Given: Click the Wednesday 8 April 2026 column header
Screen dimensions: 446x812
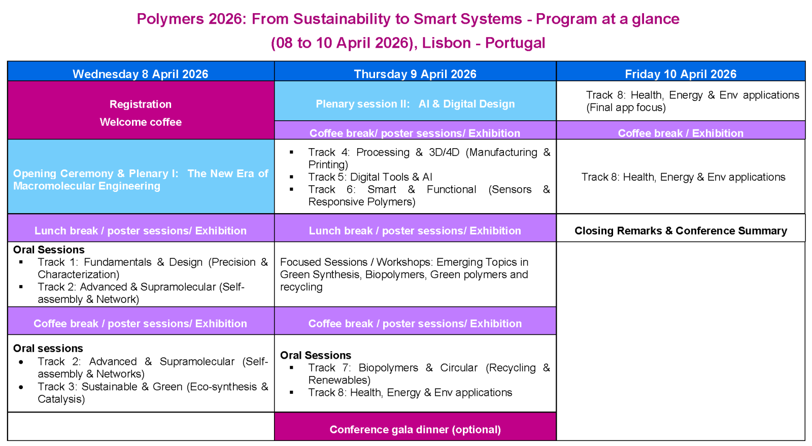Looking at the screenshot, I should tap(141, 74).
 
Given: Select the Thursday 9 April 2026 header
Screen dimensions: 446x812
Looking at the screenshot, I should tap(415, 74).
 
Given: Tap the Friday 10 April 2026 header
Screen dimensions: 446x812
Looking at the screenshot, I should tap(680, 74).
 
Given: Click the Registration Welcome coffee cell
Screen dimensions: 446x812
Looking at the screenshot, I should tap(141, 113).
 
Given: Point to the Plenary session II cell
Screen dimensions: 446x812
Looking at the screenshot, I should tap(415, 104).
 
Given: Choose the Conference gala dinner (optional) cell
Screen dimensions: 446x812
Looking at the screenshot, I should tap(415, 429).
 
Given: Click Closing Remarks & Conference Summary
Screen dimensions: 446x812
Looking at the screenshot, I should tap(680, 230).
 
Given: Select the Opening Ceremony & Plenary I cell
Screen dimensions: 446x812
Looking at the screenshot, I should tap(141, 180).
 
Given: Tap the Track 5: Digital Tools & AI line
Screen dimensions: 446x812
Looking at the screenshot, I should tap(370, 177).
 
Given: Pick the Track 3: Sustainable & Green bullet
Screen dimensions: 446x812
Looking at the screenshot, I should tap(152, 392).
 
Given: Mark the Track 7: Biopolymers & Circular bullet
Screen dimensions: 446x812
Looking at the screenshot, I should tap(428, 373).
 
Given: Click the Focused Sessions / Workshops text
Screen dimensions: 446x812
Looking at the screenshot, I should tap(404, 274).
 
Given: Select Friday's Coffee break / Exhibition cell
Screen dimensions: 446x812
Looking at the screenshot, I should tap(680, 133).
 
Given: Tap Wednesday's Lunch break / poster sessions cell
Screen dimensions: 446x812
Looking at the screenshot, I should tap(141, 230).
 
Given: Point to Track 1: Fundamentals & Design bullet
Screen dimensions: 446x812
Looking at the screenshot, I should tap(152, 268).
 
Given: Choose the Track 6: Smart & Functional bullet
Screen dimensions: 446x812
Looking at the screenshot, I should tap(428, 195).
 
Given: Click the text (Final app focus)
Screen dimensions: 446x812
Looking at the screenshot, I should tap(626, 108).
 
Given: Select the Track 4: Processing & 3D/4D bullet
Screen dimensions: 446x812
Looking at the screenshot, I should tap(428, 158).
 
